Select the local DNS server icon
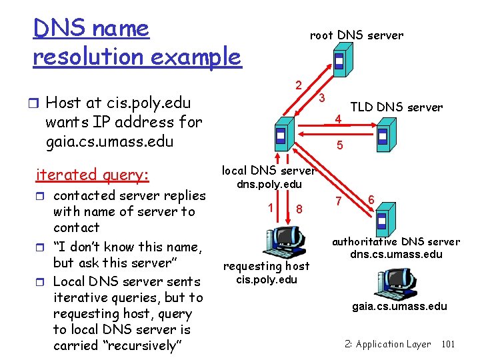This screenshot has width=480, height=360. click(281, 135)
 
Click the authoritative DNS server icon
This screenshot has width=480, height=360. click(383, 220)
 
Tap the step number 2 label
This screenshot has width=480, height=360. click(299, 85)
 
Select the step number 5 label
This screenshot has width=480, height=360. click(340, 145)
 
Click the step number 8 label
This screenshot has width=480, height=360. click(299, 209)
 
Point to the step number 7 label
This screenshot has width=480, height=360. click(339, 201)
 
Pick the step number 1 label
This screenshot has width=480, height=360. click(270, 206)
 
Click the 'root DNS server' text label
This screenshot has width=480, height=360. click(357, 35)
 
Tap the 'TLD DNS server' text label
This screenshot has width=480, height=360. click(397, 107)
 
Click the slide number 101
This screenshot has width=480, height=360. click(448, 344)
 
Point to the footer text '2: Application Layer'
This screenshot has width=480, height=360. click(388, 344)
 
